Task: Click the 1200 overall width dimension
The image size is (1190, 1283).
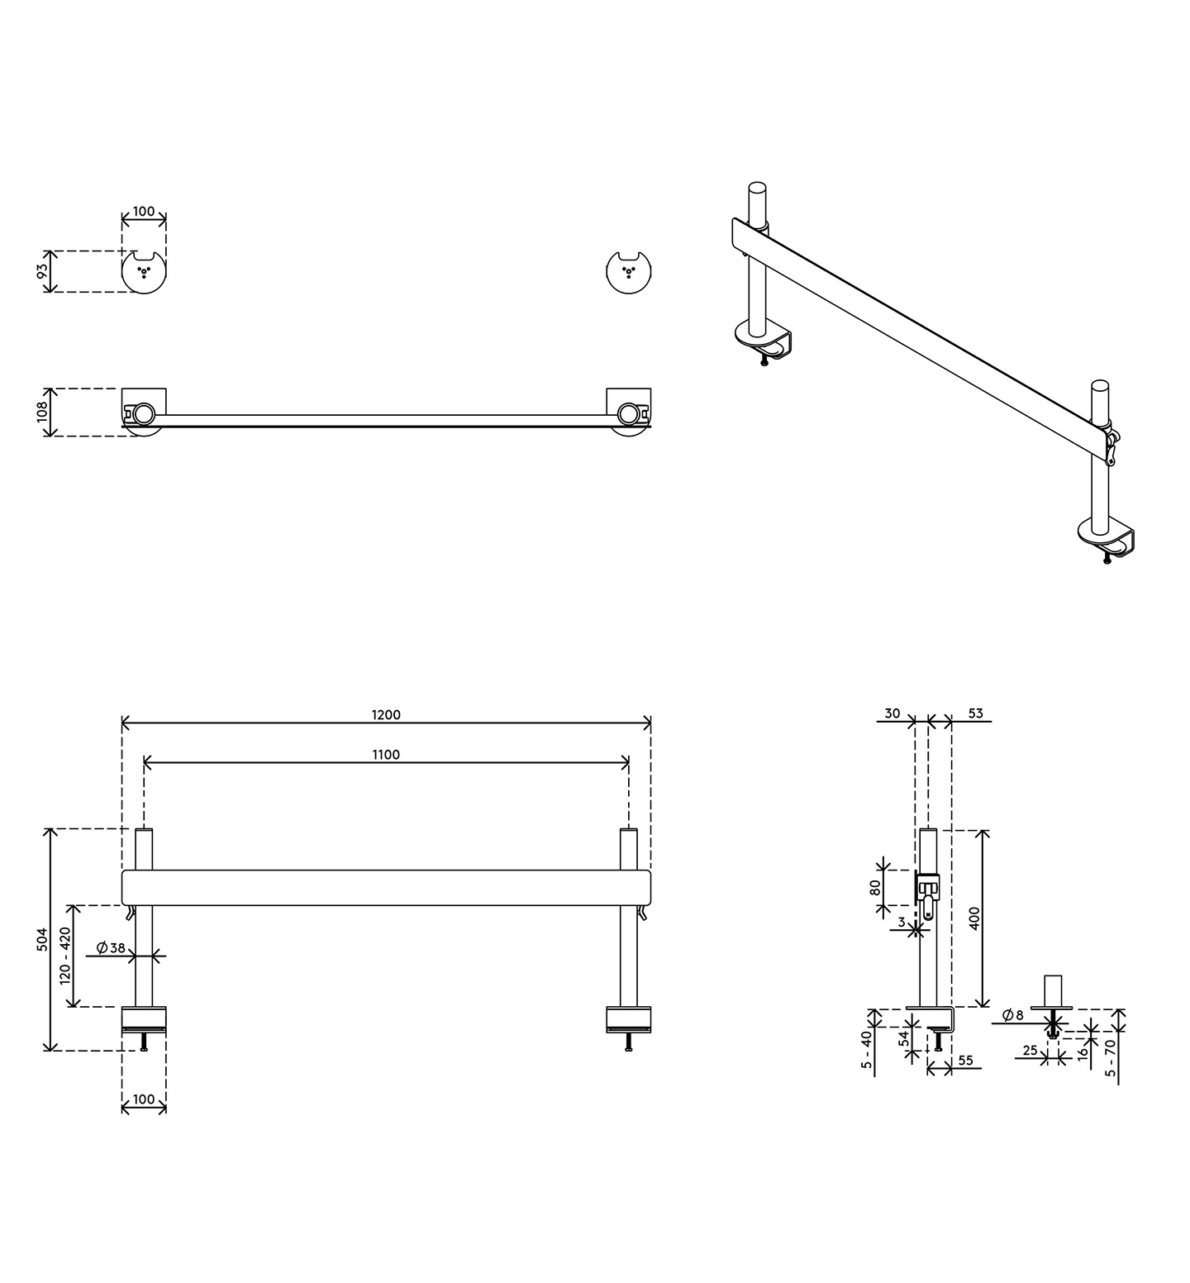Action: tap(386, 715)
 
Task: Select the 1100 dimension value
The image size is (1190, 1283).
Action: tap(386, 755)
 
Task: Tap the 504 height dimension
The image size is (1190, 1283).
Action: tap(43, 939)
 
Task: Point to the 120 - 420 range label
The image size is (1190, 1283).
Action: tap(65, 956)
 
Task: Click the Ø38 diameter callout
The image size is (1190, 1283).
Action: tap(111, 948)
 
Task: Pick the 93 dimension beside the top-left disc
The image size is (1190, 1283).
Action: tap(43, 272)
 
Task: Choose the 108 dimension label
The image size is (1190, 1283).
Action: tap(43, 412)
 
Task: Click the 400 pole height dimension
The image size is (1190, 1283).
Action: tap(974, 918)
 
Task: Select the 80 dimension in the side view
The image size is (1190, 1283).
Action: tap(875, 888)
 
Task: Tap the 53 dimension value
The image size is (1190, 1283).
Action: tap(975, 713)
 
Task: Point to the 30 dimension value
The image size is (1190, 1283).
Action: tap(892, 713)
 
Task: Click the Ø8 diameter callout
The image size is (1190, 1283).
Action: tap(1012, 1015)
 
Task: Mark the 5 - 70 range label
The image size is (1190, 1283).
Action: tap(1111, 1057)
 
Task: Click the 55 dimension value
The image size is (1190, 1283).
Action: tap(965, 1060)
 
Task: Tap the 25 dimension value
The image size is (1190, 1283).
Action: tap(1030, 1051)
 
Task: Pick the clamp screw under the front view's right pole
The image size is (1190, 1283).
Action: tap(629, 1042)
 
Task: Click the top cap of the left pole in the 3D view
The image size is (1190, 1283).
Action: tap(757, 188)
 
